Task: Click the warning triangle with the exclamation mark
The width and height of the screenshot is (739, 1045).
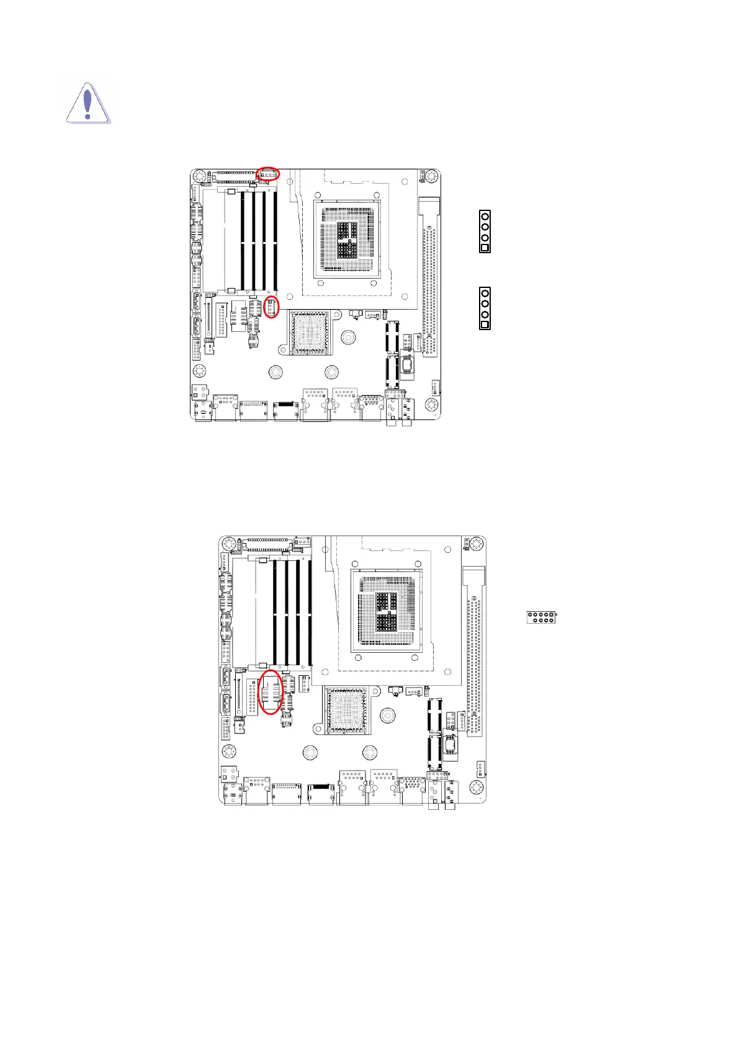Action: coord(88,103)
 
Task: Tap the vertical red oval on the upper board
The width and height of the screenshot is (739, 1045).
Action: coord(271,307)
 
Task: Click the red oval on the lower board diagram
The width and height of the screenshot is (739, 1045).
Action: coord(271,691)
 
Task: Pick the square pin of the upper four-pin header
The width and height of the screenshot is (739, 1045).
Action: coord(485,248)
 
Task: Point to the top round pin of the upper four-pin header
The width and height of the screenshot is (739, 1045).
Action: coord(485,216)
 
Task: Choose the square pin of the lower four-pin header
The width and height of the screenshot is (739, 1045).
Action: coord(485,325)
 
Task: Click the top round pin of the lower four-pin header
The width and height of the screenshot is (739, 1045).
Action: coord(485,293)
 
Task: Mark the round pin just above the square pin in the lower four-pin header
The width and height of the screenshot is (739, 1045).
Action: coord(485,314)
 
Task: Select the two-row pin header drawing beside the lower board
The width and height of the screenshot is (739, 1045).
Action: coord(541,617)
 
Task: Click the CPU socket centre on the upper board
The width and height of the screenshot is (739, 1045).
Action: coord(347,239)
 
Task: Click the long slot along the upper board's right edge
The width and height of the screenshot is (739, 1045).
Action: coord(429,276)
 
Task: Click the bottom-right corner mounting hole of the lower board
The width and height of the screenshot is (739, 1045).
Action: coord(476,787)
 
